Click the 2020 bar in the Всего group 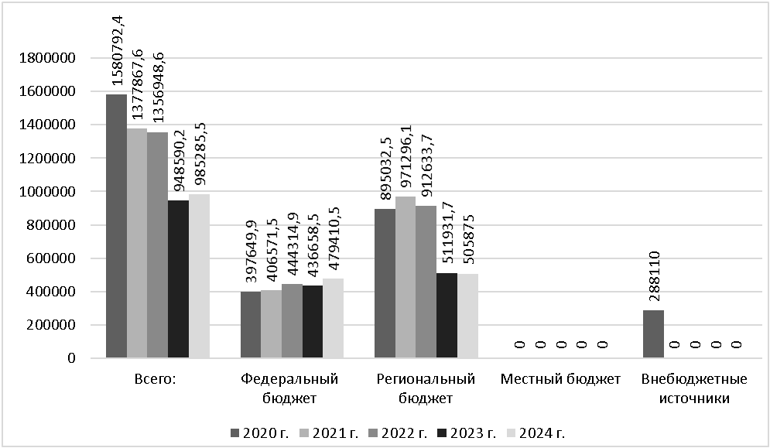(x=116, y=226)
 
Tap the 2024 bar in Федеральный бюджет (x=333, y=318)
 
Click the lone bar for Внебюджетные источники (x=653, y=334)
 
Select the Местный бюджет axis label (x=560, y=380)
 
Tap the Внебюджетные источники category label (x=693, y=388)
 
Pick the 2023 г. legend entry (x=464, y=431)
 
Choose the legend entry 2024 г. (x=533, y=431)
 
